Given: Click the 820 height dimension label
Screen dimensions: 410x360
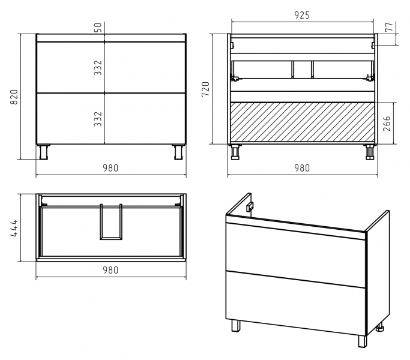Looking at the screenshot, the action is [x=14, y=97].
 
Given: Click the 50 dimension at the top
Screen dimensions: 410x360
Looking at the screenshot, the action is [x=98, y=28].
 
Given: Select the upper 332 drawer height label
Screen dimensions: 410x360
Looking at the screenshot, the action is [x=98, y=68].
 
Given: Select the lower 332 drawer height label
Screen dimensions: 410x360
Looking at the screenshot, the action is [x=98, y=119].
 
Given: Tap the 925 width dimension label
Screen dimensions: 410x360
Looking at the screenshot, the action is [x=302, y=15].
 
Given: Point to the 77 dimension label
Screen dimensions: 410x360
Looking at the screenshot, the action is [x=390, y=27].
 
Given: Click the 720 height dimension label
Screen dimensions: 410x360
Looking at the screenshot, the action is [x=206, y=89].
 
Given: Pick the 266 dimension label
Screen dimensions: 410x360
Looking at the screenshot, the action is [x=387, y=124].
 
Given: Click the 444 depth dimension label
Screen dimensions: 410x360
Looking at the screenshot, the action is [x=14, y=228].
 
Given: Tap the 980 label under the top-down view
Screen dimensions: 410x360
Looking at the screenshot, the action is [x=110, y=270].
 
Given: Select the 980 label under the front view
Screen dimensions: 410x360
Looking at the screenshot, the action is [x=110, y=168].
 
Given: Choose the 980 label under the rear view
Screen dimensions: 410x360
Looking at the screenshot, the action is [x=302, y=168].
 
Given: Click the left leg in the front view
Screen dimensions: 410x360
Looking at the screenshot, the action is [x=43, y=152].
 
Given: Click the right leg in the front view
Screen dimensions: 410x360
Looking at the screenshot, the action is [x=179, y=152].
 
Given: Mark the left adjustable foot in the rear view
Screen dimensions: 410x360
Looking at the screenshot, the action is [x=235, y=152].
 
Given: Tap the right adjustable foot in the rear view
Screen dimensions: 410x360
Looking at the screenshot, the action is [x=370, y=152].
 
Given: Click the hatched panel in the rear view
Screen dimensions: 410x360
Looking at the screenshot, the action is [x=303, y=122].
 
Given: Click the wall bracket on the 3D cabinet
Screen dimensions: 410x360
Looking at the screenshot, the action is [x=250, y=206].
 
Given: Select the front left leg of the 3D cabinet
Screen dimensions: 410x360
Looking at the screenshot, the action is [x=235, y=326].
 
